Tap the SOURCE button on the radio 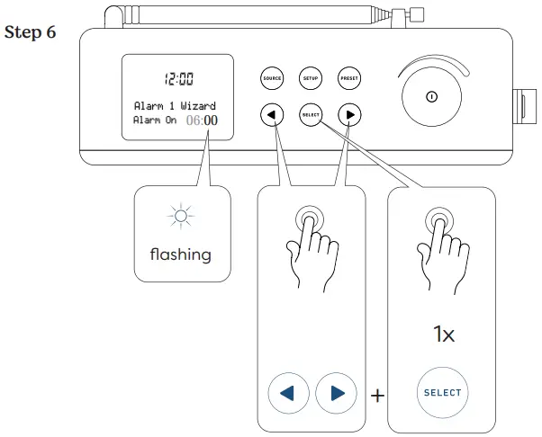(x=272, y=78)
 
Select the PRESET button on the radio (x=349, y=78)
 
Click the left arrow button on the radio (x=272, y=115)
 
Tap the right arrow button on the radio (x=349, y=115)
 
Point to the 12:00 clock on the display (x=176, y=78)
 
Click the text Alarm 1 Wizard (x=175, y=106)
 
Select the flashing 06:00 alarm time (x=202, y=120)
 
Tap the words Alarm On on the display (x=155, y=120)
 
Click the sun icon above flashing (x=183, y=216)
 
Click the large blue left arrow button (x=288, y=393)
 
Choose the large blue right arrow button (x=337, y=393)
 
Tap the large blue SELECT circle (x=442, y=393)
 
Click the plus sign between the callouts (x=377, y=395)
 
